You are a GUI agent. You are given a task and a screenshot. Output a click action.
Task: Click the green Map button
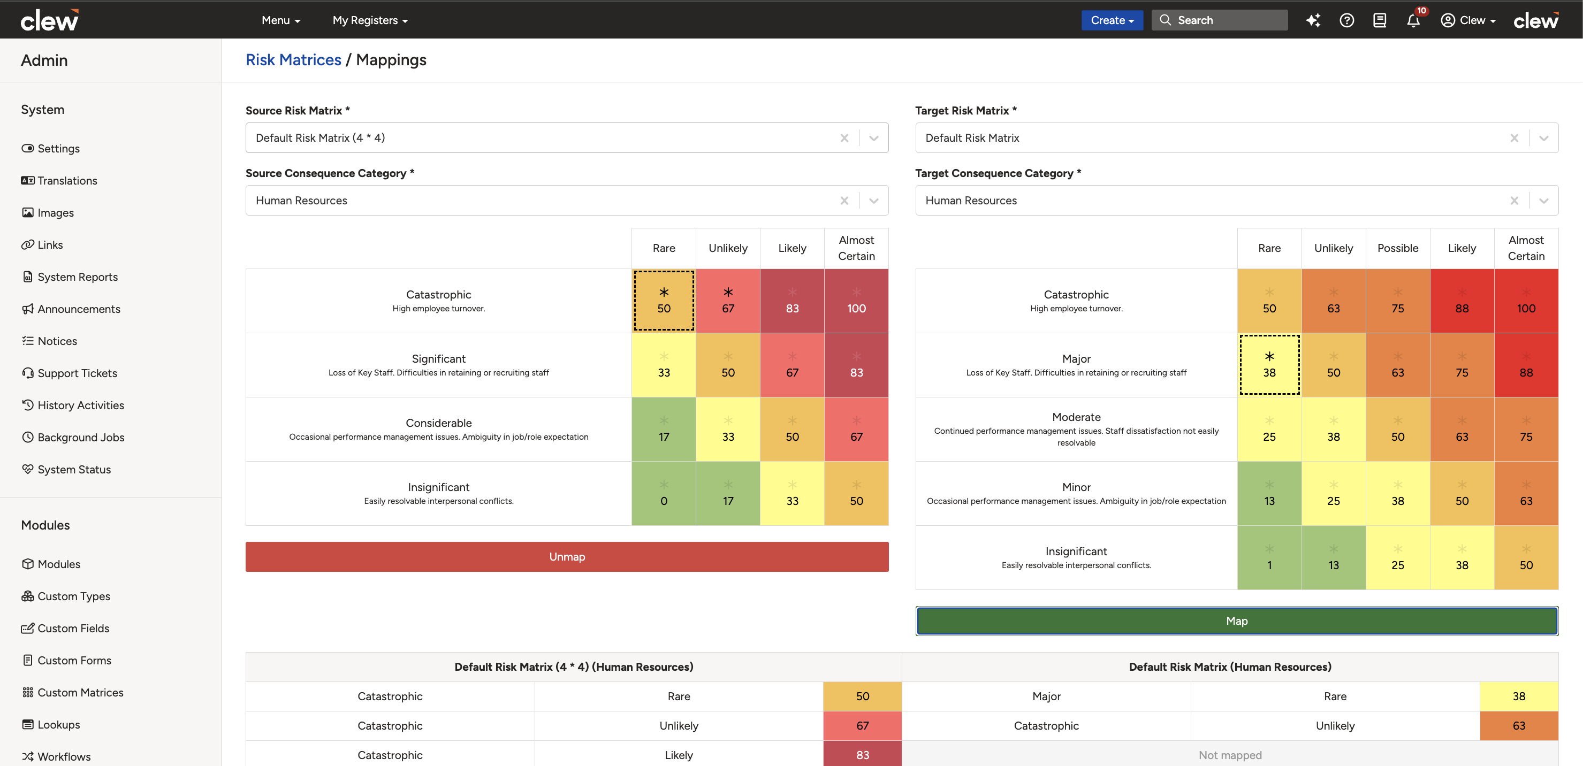[1236, 621]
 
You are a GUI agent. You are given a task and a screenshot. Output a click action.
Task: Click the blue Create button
[1112, 20]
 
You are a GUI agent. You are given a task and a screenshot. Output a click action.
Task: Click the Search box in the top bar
[1219, 20]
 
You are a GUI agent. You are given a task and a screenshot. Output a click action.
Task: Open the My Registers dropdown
[370, 20]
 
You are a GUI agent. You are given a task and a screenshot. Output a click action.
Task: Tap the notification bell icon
[1413, 20]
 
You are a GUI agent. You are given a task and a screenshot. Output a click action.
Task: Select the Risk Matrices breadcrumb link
[293, 59]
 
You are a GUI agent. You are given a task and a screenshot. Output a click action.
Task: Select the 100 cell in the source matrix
[856, 301]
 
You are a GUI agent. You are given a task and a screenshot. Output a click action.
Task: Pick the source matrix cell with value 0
[664, 493]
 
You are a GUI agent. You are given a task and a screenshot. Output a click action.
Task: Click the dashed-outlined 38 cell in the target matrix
[1269, 365]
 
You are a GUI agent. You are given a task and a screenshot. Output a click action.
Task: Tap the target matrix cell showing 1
[1269, 558]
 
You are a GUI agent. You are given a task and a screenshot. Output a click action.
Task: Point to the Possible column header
[1397, 248]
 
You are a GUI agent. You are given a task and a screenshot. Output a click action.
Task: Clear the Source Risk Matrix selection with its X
[844, 138]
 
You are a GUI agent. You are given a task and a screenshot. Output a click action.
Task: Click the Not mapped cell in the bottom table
[1230, 755]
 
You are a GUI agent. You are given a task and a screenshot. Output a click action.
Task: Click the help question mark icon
[1346, 20]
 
